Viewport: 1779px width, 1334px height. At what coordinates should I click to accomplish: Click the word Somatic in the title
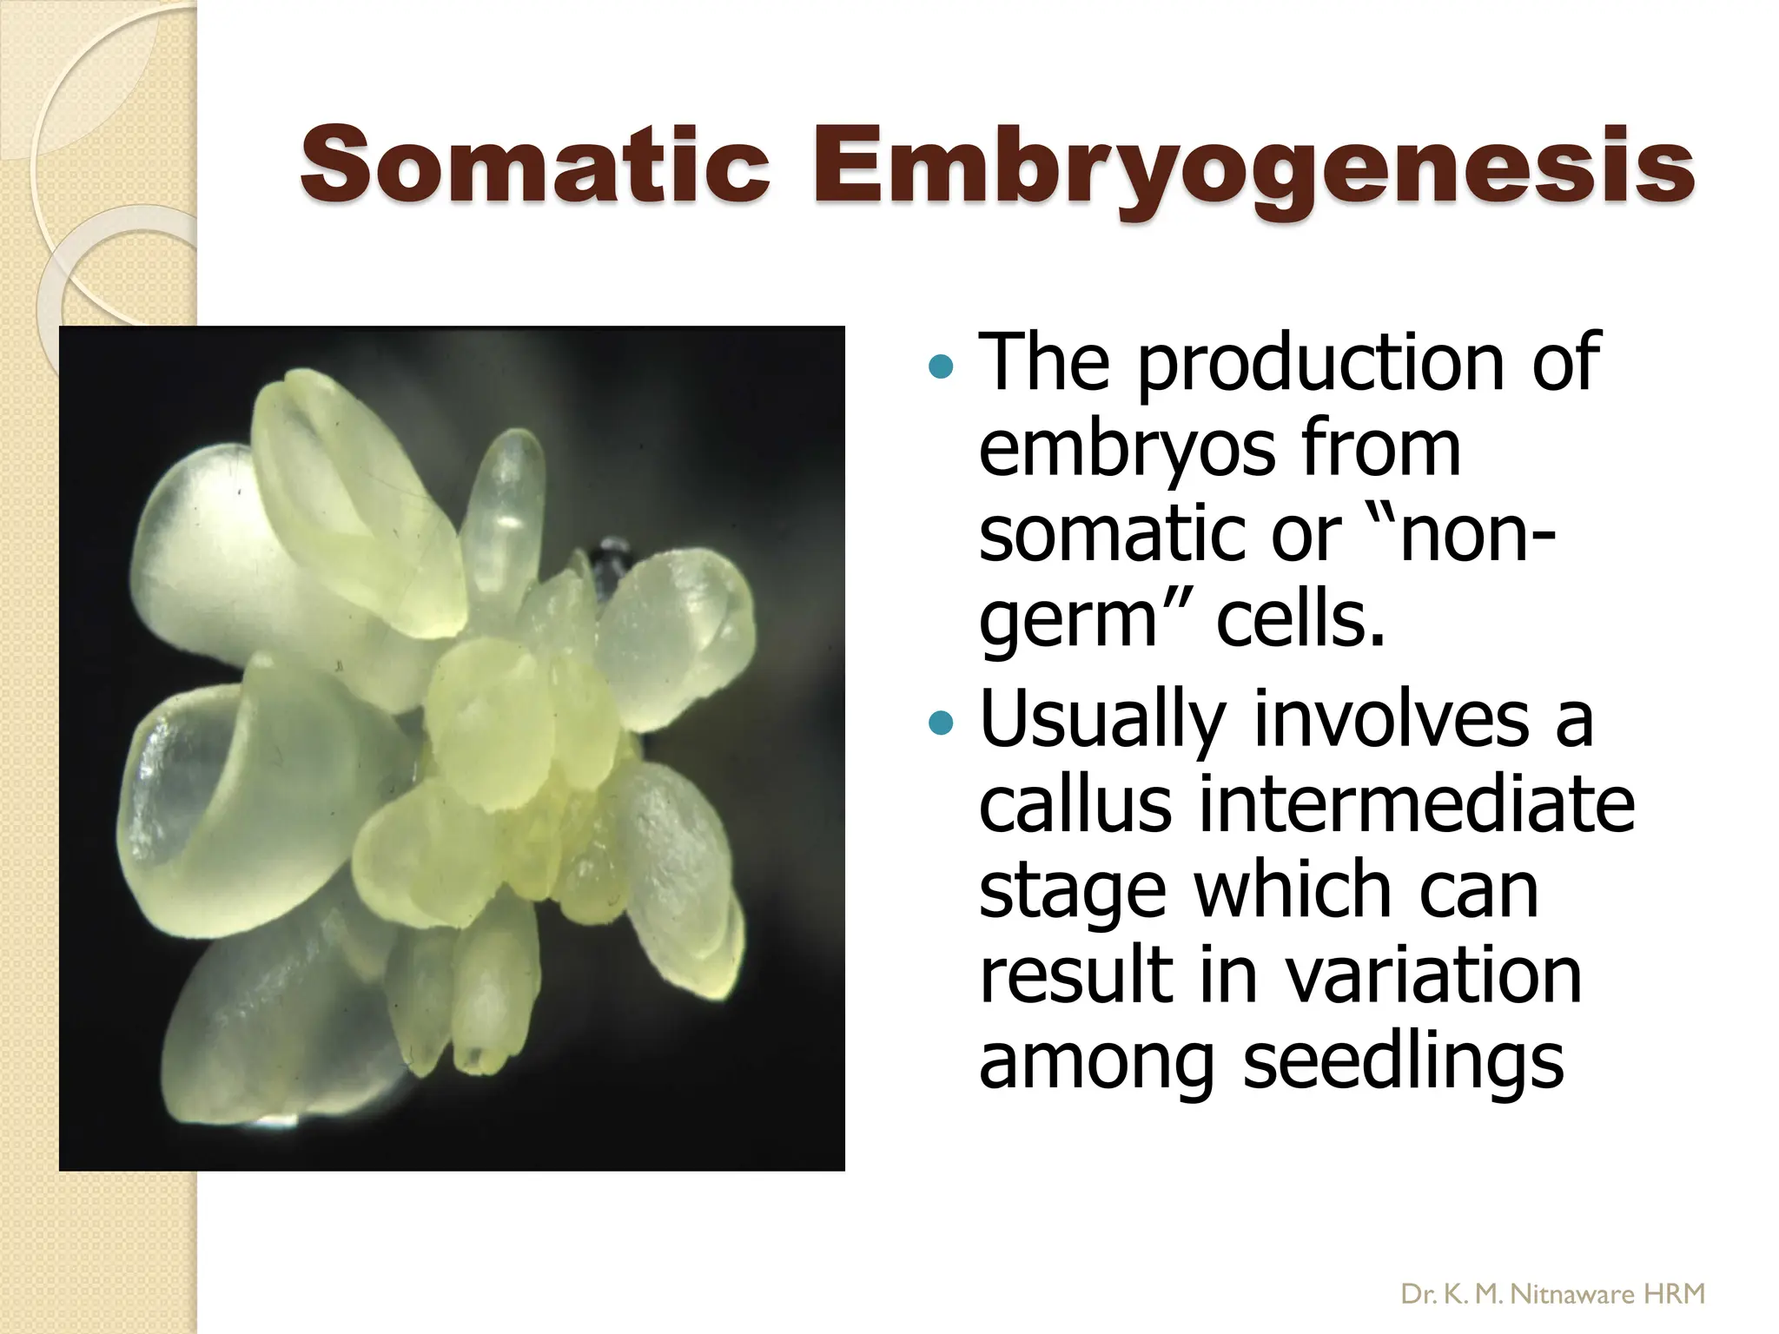(534, 165)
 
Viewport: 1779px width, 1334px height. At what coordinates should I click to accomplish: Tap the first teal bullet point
(941, 367)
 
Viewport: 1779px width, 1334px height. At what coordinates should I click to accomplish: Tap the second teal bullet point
(941, 722)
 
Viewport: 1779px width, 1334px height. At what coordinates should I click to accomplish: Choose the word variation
(1433, 976)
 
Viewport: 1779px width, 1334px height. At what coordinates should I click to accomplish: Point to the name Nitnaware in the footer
(1572, 1295)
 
